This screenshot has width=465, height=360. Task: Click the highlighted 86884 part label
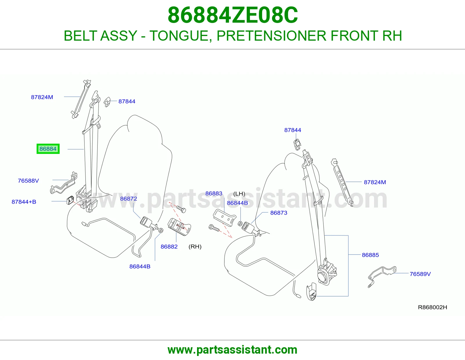48,149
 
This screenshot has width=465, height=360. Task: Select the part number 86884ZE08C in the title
233,15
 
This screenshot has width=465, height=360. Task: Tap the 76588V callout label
28,181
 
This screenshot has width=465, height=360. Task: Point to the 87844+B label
24,202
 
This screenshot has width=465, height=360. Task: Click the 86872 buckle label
128,199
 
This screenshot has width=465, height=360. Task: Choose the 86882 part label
169,246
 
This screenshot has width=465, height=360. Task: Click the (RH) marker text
195,246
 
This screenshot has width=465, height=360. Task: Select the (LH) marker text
239,194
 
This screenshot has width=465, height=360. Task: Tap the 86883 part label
214,193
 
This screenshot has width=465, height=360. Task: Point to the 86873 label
279,213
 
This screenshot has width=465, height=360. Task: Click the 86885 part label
370,255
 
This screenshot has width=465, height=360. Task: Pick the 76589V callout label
420,274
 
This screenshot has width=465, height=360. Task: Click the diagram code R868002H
432,307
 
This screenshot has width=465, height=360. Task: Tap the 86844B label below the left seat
140,266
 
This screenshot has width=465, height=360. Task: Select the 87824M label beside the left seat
42,97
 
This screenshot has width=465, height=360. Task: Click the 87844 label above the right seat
293,130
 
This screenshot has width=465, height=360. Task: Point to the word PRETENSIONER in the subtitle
271,36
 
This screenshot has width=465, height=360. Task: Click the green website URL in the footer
233,350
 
